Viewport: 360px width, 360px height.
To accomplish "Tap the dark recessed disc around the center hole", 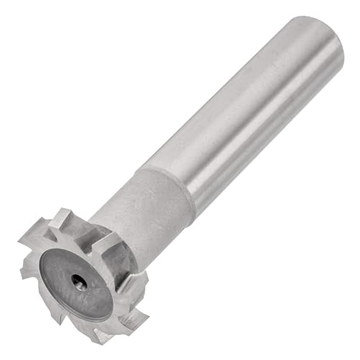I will pyautogui.click(x=68, y=270).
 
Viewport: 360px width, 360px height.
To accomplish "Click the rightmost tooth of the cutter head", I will pyautogui.click(x=141, y=288).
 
